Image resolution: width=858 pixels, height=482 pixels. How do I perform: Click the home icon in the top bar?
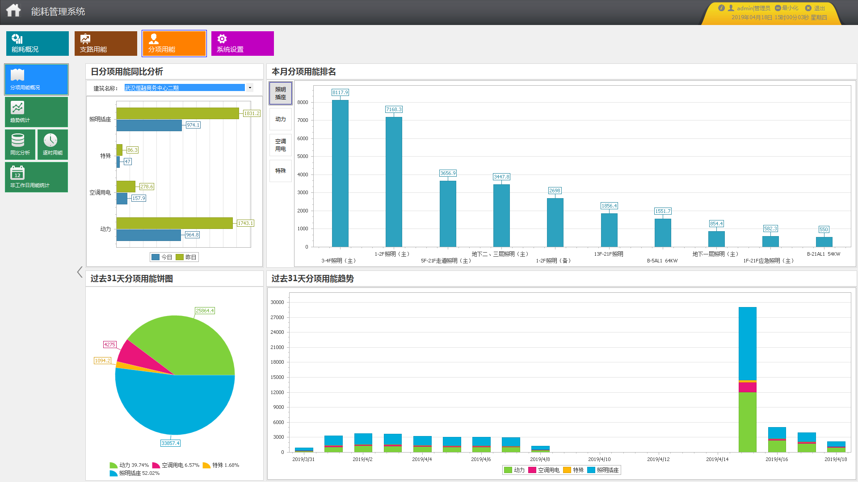(13, 11)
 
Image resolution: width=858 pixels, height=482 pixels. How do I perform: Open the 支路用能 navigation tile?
(105, 43)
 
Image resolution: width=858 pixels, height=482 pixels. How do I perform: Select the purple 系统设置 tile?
(242, 43)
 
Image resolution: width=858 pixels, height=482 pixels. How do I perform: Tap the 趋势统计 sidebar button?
(36, 112)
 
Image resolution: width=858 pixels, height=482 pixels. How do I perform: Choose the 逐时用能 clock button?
(52, 144)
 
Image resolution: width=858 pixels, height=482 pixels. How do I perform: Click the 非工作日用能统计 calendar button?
(36, 177)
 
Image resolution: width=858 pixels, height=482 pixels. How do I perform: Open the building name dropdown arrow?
(250, 88)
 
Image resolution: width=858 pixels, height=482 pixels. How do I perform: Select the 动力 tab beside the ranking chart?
(280, 119)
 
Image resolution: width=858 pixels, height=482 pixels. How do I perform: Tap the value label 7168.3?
(394, 109)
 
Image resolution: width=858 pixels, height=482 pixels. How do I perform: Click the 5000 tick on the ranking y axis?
(303, 157)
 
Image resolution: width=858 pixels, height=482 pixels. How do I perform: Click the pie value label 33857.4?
(170, 443)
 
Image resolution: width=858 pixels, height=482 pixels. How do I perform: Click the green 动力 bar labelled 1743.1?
(174, 223)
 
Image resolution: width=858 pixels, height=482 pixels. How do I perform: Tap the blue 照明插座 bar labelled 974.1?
(149, 125)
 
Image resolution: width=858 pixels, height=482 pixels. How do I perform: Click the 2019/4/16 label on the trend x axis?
(777, 459)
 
